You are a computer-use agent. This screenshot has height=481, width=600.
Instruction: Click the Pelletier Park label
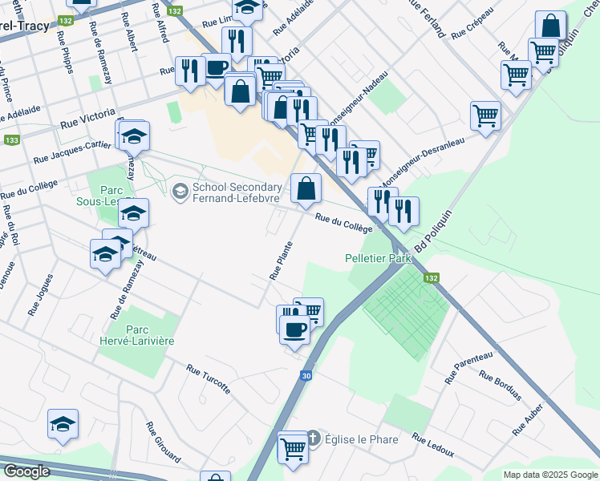point(377,259)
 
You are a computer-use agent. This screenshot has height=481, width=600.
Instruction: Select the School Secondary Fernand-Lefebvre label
point(236,192)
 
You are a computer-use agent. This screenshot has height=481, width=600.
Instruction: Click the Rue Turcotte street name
point(209,379)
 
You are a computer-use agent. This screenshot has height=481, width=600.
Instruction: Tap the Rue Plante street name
point(281,260)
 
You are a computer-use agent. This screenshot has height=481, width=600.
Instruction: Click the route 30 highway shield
point(306,375)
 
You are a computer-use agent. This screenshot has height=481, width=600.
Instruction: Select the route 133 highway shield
point(11,140)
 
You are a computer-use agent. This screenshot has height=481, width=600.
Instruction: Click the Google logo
point(26,471)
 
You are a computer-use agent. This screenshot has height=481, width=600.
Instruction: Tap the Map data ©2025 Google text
point(550,475)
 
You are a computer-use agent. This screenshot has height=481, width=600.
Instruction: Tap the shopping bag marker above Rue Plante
point(306,189)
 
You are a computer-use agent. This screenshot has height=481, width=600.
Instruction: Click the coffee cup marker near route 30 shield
point(294,329)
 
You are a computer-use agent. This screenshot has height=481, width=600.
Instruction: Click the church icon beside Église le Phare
point(313,439)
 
